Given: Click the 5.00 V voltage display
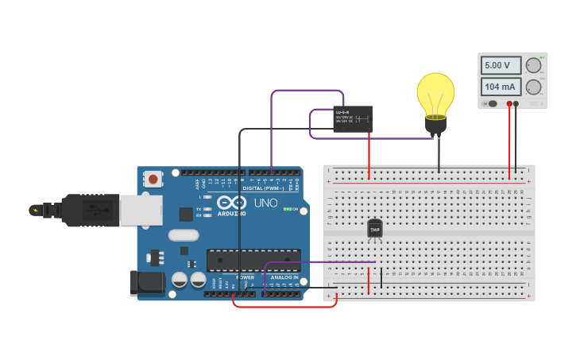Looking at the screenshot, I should click(x=501, y=65).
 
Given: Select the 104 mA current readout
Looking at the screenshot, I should click(x=501, y=87).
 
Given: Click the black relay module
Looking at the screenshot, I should click(x=352, y=119).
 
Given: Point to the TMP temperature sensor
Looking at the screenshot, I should click(x=375, y=229).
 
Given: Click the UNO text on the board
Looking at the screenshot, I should click(x=265, y=203).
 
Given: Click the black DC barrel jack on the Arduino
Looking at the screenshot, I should click(x=147, y=281).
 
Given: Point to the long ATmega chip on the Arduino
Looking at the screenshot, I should click(x=253, y=260).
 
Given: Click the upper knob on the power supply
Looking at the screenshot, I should click(x=533, y=66).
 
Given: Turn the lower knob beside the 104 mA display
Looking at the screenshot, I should click(x=533, y=87).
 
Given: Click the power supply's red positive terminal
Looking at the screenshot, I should click(x=509, y=103).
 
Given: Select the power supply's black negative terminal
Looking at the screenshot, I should click(x=516, y=103).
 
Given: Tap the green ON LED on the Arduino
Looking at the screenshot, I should click(x=285, y=209).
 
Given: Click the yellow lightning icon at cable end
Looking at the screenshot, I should click(x=34, y=211).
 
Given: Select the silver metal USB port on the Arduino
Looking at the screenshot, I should click(x=141, y=210).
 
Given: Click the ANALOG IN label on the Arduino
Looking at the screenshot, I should click(x=284, y=277).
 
